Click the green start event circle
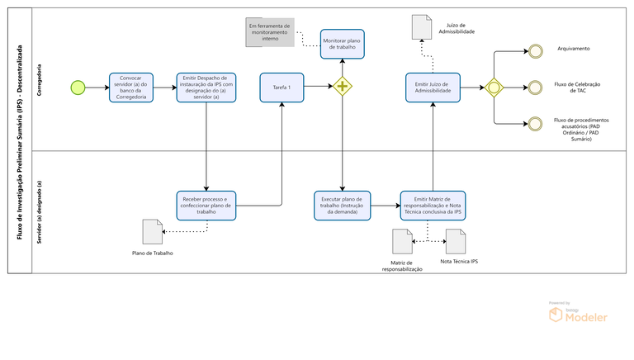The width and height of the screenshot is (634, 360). pos(78,87)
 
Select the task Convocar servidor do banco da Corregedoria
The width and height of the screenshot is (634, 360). pos(132,87)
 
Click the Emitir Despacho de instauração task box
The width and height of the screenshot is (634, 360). pos(206,87)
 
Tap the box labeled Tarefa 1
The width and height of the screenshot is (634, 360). pos(282,87)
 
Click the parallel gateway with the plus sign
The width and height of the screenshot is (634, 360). pos(341,87)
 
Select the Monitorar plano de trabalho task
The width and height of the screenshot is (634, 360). pos(341,45)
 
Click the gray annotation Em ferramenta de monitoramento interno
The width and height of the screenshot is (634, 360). pos(270,31)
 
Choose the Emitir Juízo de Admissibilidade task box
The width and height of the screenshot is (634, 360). pos(433,87)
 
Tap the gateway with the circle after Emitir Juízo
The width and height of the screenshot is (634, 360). pos(494,87)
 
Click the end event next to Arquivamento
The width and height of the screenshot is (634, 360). pos(536,50)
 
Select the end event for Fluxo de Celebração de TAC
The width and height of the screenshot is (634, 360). pos(536,87)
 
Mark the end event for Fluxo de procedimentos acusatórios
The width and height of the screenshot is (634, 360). pos(536,124)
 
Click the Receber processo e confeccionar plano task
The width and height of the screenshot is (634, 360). pos(206,205)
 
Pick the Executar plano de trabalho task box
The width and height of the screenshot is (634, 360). pos(342,205)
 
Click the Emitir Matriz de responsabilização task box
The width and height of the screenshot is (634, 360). pos(433,205)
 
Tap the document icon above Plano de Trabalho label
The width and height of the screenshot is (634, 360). pos(152,231)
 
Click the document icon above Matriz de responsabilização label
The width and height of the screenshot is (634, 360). pos(402,241)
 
